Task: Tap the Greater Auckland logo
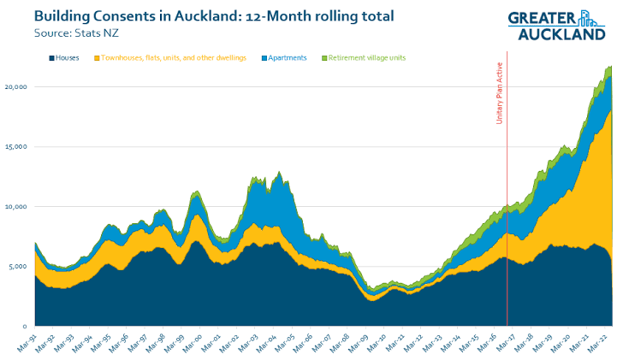pos(555,25)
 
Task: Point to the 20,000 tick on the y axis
pos(16,87)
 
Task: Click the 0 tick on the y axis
pos(26,327)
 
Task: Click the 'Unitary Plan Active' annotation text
pos(499,94)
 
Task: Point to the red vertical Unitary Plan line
pos(507,214)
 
